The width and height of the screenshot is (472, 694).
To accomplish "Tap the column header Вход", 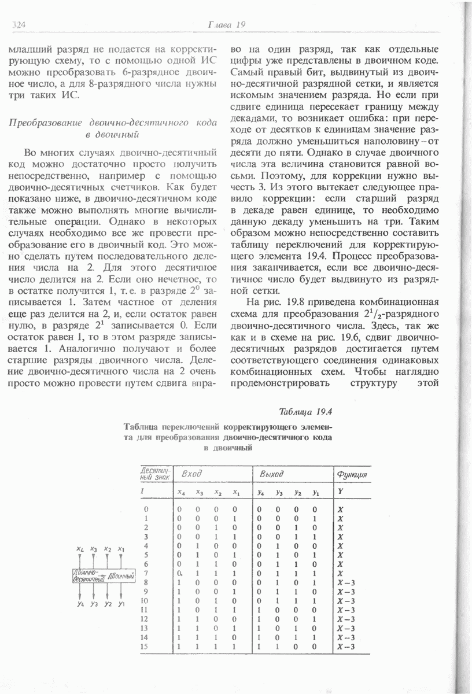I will [191, 474].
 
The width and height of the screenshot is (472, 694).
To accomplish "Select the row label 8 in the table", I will [145, 582].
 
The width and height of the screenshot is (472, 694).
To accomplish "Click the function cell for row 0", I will [340, 508].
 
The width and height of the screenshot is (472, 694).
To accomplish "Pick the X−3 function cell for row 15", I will [345, 647].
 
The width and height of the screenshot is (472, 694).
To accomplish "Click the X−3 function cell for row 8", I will [345, 582].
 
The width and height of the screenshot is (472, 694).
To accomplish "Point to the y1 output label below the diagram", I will [121, 604].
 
